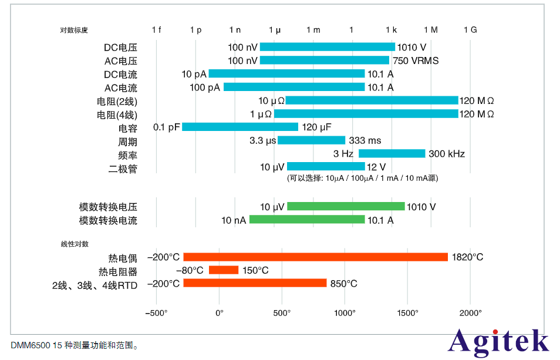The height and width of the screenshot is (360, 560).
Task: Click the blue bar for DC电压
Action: [x=327, y=47]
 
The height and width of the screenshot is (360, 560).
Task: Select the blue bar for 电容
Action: [x=240, y=127]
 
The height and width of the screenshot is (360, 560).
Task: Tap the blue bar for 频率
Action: [x=392, y=153]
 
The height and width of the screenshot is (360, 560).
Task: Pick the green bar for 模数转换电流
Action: [x=307, y=220]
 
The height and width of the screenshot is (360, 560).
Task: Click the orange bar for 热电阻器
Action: [x=224, y=270]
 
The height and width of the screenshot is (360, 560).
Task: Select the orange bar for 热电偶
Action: [x=315, y=257]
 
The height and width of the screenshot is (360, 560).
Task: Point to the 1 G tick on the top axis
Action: [x=470, y=29]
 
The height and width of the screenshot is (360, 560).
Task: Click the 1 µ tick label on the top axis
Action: [x=274, y=29]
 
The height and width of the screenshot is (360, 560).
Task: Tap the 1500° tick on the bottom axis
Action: [x=408, y=312]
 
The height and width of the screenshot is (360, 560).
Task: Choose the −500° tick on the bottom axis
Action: [x=156, y=312]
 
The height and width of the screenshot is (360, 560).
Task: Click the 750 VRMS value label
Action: [x=416, y=60]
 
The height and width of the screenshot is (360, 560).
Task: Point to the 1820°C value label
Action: [x=467, y=257]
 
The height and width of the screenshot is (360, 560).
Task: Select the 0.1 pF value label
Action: [x=166, y=127]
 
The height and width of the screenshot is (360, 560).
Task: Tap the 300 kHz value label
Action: [x=446, y=154]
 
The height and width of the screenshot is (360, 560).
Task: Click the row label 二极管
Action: [x=123, y=168]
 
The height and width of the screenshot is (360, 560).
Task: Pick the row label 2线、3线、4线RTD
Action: [x=95, y=285]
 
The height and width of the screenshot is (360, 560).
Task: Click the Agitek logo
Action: [x=498, y=342]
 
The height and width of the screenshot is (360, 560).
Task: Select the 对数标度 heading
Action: [x=74, y=30]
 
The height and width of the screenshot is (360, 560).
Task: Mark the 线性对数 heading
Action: [x=74, y=243]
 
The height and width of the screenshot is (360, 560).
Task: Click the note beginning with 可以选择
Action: [x=362, y=178]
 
